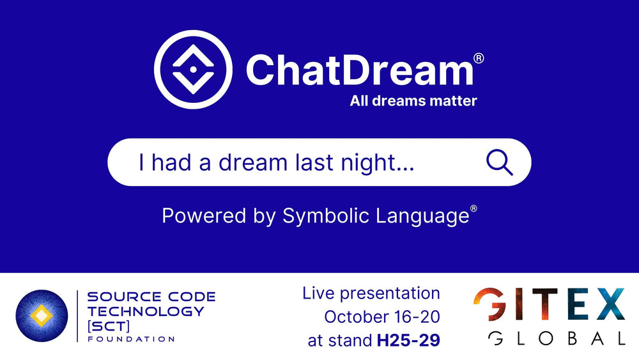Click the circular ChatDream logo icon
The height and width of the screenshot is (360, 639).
[x=193, y=70]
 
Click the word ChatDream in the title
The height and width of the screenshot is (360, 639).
[x=359, y=70]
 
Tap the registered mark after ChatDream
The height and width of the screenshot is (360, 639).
[x=479, y=58]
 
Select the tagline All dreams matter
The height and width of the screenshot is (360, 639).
[x=413, y=100]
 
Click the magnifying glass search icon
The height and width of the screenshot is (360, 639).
[x=499, y=162]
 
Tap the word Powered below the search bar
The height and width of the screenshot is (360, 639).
[x=196, y=215]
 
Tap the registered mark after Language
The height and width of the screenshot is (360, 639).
[x=473, y=209]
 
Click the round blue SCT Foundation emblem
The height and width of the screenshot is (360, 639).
[x=42, y=315]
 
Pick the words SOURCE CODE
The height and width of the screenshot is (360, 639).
[x=151, y=297]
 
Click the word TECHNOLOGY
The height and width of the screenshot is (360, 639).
[x=146, y=311]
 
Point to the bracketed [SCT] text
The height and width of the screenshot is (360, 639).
[x=109, y=325]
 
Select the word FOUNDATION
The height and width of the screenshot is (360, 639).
[x=130, y=339]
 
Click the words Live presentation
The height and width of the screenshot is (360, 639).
[x=371, y=293]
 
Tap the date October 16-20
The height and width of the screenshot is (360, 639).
[x=382, y=317]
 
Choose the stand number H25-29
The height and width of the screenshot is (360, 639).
[x=408, y=341]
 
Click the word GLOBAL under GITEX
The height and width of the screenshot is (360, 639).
[x=556, y=338]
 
